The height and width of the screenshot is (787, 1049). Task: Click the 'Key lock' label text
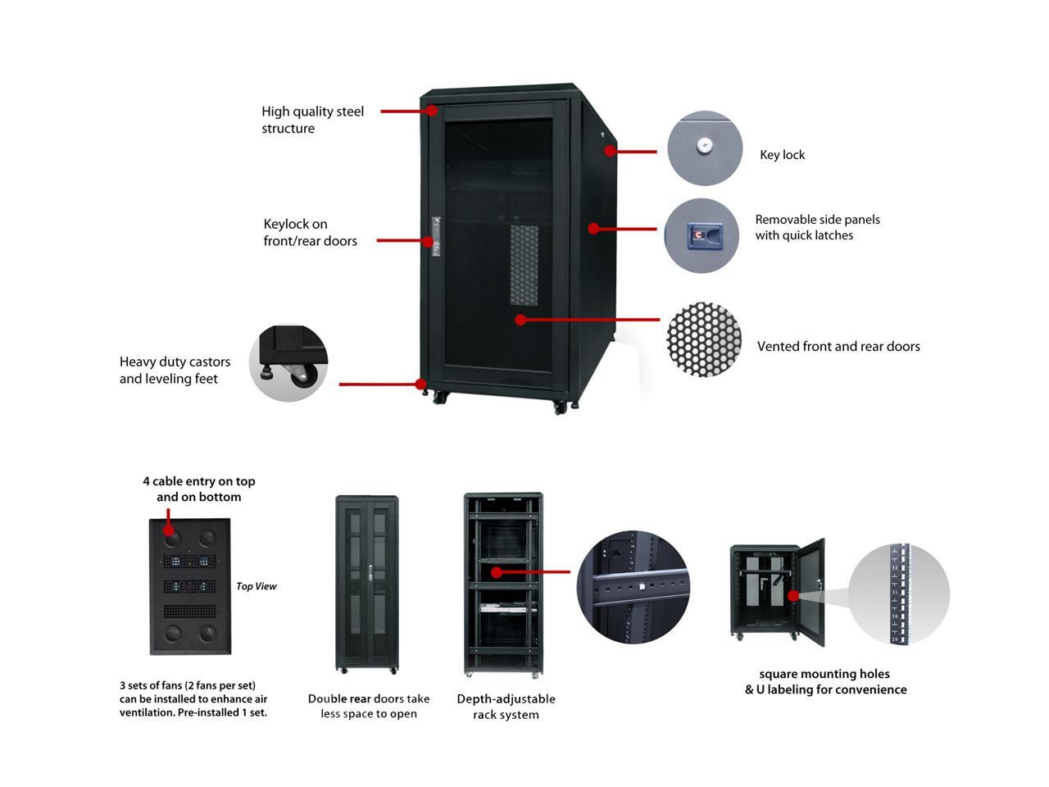click(782, 155)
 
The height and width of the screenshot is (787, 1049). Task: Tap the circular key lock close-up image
click(704, 148)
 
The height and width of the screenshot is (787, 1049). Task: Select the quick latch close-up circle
click(702, 235)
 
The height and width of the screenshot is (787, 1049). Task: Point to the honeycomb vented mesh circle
click(704, 339)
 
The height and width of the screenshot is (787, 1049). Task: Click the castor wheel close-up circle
click(288, 363)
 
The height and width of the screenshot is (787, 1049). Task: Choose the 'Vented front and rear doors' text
click(838, 347)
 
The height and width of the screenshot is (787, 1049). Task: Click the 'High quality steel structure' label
click(312, 120)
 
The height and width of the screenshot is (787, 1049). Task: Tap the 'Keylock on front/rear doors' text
click(310, 232)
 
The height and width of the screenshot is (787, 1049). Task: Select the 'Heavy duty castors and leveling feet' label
click(175, 370)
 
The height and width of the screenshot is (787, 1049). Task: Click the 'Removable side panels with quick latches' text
click(817, 227)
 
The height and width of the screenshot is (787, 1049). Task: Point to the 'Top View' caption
click(256, 586)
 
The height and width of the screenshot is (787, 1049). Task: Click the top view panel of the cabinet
click(190, 586)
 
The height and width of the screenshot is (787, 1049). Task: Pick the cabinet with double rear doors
click(366, 584)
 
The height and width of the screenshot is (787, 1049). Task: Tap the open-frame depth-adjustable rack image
click(503, 584)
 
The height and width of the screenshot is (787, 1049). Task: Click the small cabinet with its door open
click(776, 592)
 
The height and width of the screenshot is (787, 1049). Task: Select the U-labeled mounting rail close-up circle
click(898, 594)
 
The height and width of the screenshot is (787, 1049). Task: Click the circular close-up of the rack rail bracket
click(633, 587)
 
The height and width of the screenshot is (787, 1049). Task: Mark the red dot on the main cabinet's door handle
click(428, 241)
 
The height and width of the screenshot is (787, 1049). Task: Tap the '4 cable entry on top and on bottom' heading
click(198, 489)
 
